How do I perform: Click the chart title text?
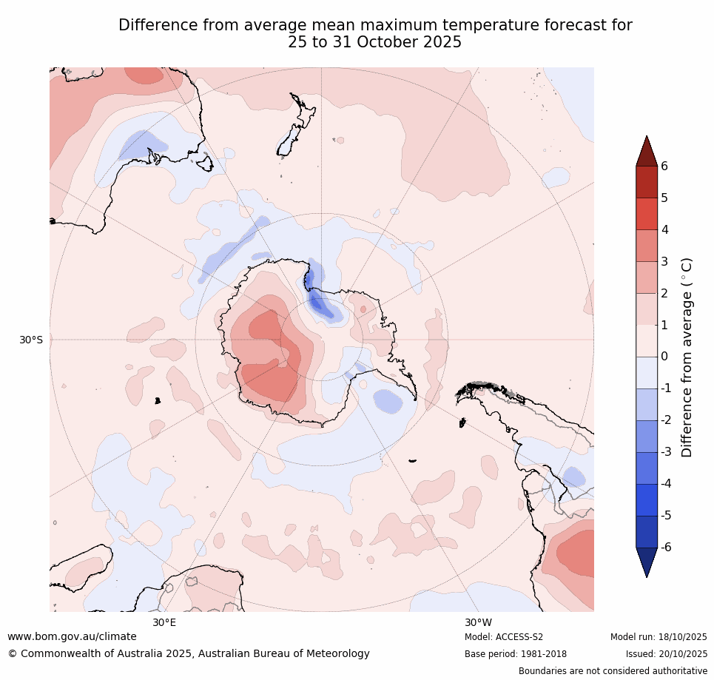[x=375, y=34]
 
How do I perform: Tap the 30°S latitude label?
[x=31, y=340]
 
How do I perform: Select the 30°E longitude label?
[x=164, y=622]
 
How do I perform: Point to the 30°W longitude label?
[x=478, y=622]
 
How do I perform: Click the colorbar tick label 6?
[x=664, y=166]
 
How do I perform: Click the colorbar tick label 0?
[x=664, y=357]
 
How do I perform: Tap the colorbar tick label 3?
[x=664, y=261]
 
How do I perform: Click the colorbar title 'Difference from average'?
[x=687, y=357]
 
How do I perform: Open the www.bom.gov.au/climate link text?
[x=72, y=637]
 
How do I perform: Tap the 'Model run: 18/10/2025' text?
[x=659, y=637]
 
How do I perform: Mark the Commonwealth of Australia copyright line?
[x=189, y=654]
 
